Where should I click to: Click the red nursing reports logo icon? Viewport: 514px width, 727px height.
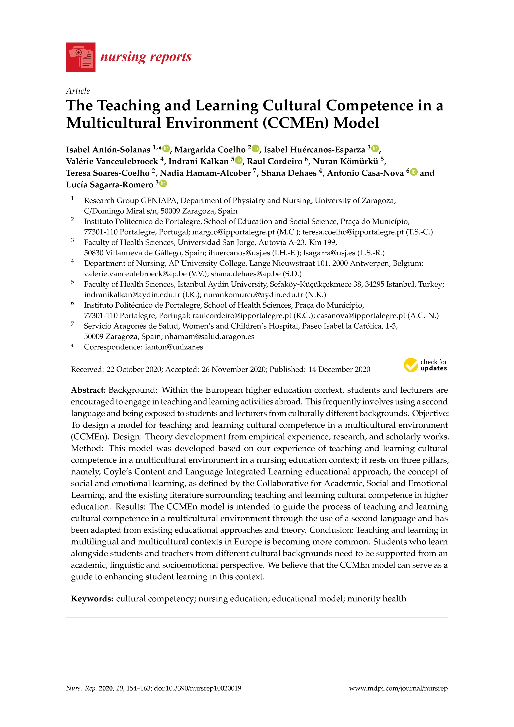click(81, 57)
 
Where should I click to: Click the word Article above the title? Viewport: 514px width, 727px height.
click(78, 91)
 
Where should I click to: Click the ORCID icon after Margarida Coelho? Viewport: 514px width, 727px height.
click(256, 148)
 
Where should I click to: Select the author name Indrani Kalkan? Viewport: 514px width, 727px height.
click(198, 161)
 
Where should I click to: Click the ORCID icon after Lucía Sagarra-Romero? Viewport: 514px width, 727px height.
click(163, 184)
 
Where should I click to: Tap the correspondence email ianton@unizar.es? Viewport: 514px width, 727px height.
click(174, 347)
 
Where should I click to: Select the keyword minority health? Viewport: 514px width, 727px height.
click(377, 598)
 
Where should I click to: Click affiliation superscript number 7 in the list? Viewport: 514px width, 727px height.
click(73, 324)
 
